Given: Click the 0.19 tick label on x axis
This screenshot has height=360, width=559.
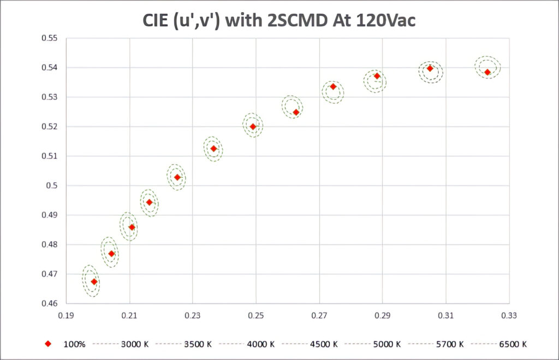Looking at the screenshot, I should coord(66,315).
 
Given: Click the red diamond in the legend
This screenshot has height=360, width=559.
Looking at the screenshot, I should coord(48,344).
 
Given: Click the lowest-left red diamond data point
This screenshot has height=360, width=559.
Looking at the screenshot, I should coord(94,281).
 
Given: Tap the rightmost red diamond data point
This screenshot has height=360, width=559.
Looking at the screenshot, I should coord(487,72).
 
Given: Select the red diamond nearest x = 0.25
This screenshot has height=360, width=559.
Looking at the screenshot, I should coord(253,127).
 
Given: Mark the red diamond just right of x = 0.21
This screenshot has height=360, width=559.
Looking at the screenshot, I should coord(132,227).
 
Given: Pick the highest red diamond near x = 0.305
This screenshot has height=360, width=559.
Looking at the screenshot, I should coord(430,68).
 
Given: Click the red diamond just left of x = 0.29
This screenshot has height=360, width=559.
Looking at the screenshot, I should coord(377,76).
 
